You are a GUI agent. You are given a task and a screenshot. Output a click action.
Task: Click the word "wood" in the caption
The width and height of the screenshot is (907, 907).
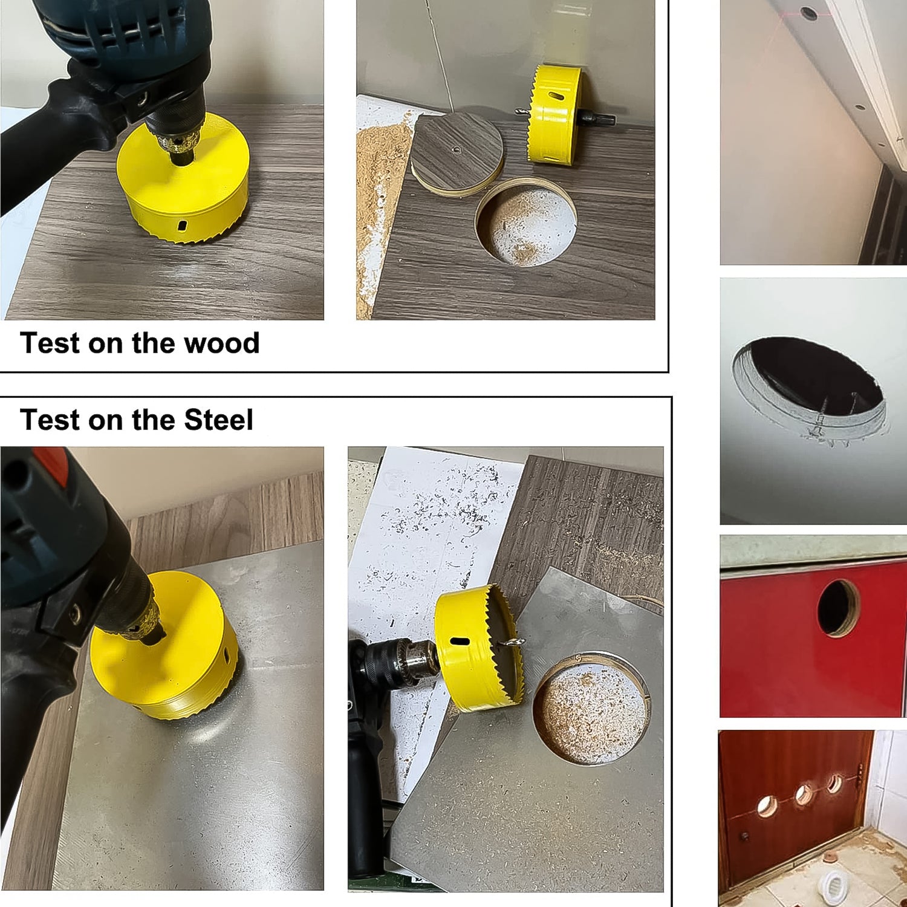tap(221, 343)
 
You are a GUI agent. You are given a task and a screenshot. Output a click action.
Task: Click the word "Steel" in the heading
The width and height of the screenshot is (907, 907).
tap(218, 420)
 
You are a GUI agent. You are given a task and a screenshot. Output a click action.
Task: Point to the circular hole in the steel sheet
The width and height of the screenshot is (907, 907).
tap(590, 707)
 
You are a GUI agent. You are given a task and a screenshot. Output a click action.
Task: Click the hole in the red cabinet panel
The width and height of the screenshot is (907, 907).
tap(837, 607)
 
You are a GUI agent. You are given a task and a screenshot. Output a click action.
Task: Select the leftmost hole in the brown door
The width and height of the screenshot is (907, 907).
tap(767, 805)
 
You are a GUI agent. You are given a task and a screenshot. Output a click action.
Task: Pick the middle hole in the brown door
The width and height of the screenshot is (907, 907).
tap(804, 793)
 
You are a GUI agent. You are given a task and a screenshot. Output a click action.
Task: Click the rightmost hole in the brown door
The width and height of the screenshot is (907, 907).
tap(834, 784)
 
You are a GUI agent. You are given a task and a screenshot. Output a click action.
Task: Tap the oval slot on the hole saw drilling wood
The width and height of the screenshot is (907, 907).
tap(181, 226)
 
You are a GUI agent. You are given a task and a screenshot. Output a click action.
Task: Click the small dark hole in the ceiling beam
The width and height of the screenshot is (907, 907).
tap(808, 11)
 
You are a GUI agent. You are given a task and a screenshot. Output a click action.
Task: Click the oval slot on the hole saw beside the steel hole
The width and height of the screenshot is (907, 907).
tap(460, 642)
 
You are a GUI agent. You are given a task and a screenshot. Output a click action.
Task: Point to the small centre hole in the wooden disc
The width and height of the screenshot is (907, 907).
tap(457, 148)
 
